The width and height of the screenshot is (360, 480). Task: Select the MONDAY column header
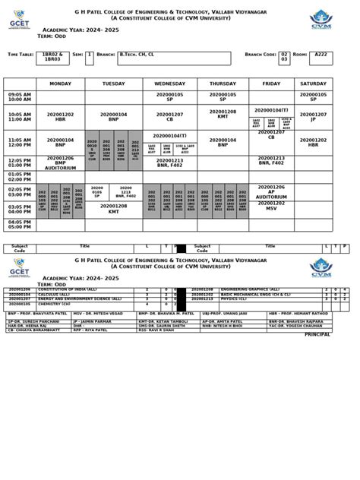[x=61, y=84]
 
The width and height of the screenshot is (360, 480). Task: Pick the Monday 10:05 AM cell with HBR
[x=61, y=116]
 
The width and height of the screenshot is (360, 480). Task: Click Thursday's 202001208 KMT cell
[x=223, y=114]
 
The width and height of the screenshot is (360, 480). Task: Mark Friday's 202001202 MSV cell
[x=271, y=206]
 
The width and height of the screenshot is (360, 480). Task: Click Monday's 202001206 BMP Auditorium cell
[x=61, y=163]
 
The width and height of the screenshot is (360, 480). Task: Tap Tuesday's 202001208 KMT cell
[x=114, y=208]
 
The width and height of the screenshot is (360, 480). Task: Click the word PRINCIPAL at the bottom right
[x=317, y=334]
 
